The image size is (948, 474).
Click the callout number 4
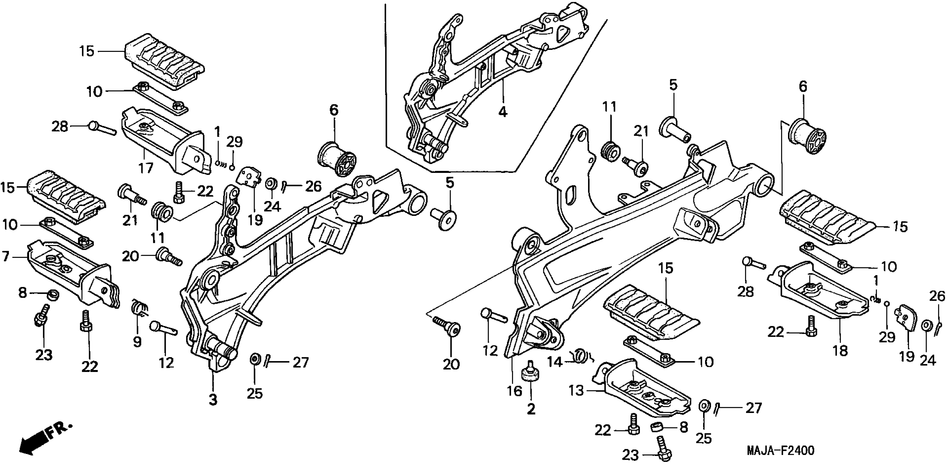[x=503, y=111]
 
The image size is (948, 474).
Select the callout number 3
[x=213, y=400]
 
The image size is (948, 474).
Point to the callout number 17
[x=146, y=168]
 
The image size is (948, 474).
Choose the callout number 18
[x=840, y=350]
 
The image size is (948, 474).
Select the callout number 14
[x=555, y=362]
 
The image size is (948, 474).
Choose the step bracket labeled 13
[x=640, y=390]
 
